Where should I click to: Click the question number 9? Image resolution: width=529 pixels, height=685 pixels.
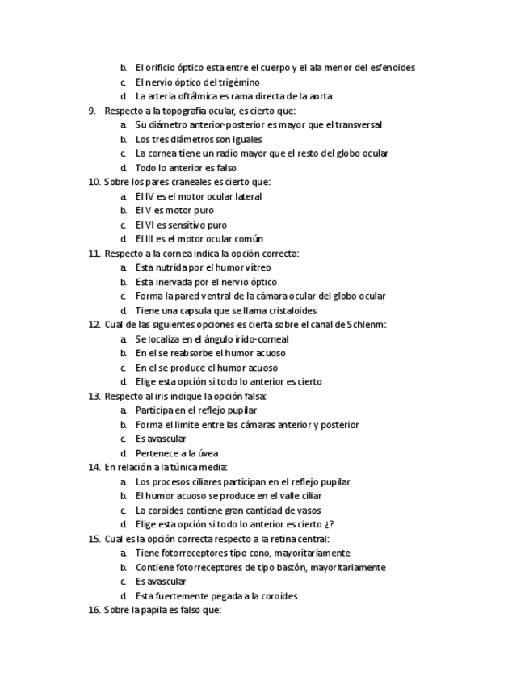click(x=92, y=111)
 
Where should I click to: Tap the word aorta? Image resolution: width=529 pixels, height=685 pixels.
click(x=320, y=96)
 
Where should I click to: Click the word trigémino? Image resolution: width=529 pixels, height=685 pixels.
click(x=238, y=82)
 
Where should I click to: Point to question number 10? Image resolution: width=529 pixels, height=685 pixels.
click(x=94, y=182)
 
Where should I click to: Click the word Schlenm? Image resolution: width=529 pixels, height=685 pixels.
click(x=367, y=325)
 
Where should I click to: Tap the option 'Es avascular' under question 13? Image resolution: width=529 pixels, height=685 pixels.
click(x=161, y=439)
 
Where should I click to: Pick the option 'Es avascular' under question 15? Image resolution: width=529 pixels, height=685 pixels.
click(x=161, y=582)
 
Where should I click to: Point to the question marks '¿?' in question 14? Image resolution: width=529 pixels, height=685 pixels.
click(x=329, y=524)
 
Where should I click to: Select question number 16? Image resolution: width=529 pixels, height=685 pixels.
click(x=94, y=610)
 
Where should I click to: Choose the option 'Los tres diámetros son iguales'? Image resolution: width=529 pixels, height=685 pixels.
click(x=199, y=139)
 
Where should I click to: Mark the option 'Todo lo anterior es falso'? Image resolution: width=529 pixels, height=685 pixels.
click(x=186, y=168)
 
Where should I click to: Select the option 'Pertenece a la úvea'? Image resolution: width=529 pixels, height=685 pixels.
click(x=177, y=453)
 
